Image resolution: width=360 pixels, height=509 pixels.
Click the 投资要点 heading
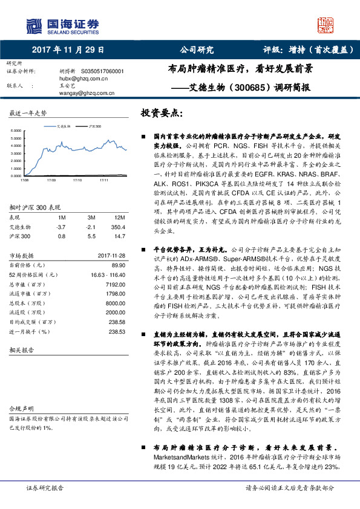[160, 114]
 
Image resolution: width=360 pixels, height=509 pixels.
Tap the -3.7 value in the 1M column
[61, 226]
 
